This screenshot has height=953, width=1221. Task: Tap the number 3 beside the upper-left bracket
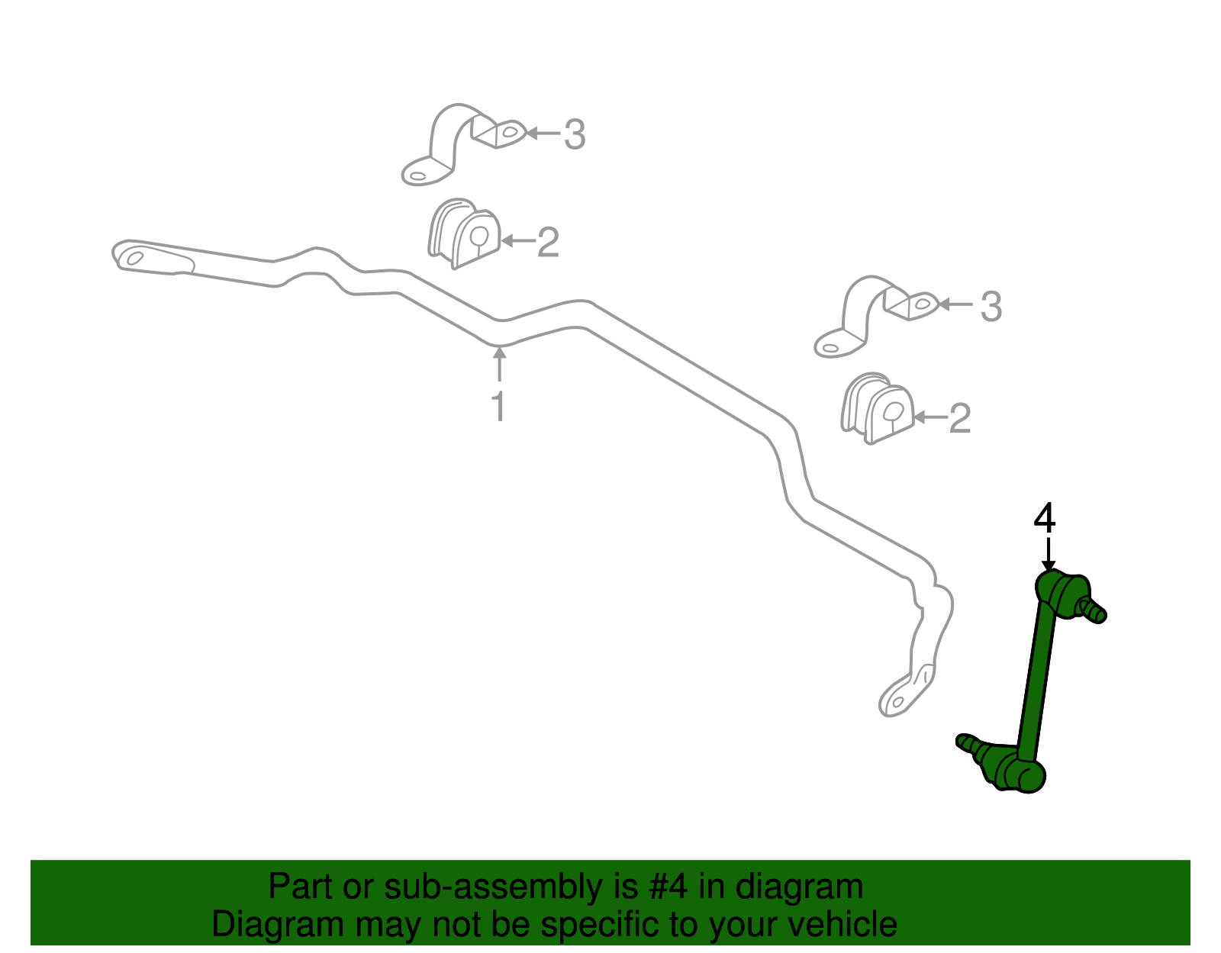[575, 135]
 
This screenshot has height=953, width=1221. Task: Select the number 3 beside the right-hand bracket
[991, 307]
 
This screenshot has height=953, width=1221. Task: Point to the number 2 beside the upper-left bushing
[549, 243]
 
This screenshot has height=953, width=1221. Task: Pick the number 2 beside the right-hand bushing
[960, 418]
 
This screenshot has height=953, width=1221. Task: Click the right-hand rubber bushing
[877, 407]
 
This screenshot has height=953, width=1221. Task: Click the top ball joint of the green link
[1061, 596]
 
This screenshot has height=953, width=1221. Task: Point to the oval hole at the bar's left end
[135, 258]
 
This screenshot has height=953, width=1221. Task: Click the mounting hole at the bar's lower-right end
[898, 702]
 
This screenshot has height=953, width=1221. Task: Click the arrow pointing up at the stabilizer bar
[499, 364]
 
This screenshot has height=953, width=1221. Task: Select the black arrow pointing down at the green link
[1049, 555]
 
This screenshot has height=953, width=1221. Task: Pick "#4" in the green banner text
[668, 886]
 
